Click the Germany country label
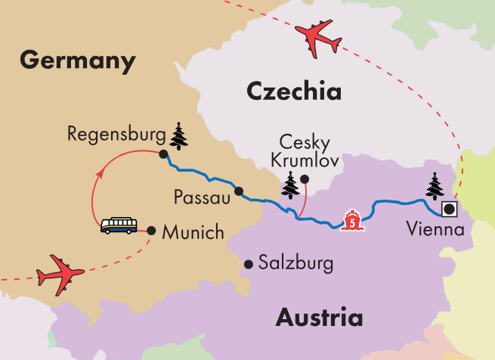(79, 60)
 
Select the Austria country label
(318, 317)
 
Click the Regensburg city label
(116, 135)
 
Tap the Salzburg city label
(295, 265)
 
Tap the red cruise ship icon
(352, 219)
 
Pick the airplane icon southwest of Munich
(60, 276)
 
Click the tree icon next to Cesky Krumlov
(290, 184)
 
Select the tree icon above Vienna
(436, 185)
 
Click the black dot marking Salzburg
(248, 264)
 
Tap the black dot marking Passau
(238, 191)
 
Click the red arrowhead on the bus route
(96, 175)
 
